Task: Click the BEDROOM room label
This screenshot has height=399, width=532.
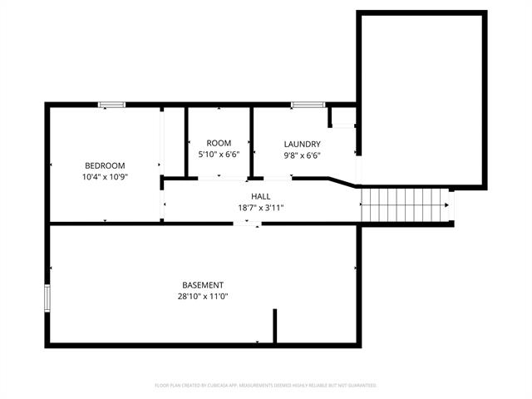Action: click(x=105, y=165)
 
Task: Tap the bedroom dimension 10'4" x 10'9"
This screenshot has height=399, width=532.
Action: click(x=105, y=177)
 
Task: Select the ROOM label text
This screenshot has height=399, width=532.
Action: click(x=219, y=143)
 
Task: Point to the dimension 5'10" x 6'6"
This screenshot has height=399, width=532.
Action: click(x=219, y=155)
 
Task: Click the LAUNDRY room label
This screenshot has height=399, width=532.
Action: click(x=302, y=143)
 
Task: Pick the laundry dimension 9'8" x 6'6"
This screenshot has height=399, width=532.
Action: click(x=302, y=155)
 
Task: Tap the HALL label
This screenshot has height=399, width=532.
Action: click(x=260, y=196)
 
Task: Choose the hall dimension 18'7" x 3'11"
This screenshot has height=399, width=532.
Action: click(x=260, y=209)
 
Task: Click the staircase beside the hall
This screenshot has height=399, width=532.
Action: click(x=404, y=205)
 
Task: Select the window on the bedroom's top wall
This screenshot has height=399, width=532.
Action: click(x=111, y=104)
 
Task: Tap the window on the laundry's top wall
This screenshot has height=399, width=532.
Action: click(x=308, y=104)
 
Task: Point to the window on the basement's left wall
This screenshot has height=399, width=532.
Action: click(x=47, y=297)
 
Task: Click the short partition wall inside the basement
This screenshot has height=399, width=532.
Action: click(x=274, y=326)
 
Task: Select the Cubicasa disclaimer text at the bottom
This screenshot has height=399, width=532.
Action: click(x=266, y=386)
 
